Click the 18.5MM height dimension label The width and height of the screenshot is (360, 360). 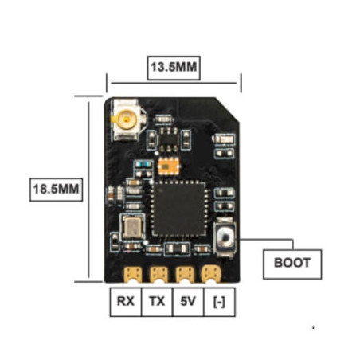coord(57,190)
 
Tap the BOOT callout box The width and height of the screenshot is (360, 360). coord(292,262)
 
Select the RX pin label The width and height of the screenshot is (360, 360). coord(125,303)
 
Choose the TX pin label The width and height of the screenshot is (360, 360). coord(156,303)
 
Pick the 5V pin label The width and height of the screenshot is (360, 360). coord(186,303)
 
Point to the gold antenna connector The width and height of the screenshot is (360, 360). coord(126,120)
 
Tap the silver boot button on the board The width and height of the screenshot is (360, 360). coord(227,239)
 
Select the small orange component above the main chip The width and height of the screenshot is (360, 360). coord(167,165)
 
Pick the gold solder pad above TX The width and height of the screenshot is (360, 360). coord(159,275)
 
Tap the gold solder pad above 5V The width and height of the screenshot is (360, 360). coord(186,275)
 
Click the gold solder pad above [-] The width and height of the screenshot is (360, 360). coord(211,275)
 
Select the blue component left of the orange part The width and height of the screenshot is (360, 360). coord(145,166)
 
